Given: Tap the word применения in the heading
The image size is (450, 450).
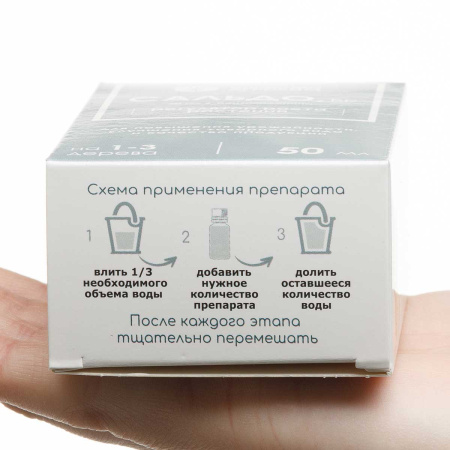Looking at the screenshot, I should [210, 190].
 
